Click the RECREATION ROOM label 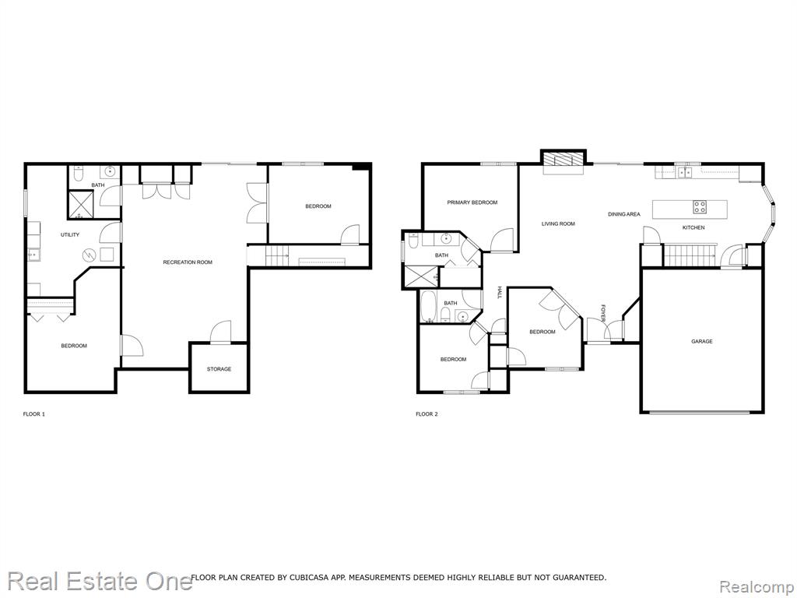tap(188, 262)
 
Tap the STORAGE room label tap(219, 369)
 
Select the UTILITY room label tap(70, 235)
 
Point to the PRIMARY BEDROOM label tap(472, 202)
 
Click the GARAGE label tap(701, 342)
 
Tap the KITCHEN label tap(693, 228)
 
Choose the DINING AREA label tap(624, 215)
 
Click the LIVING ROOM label tap(558, 223)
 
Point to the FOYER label tap(603, 313)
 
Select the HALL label tap(499, 293)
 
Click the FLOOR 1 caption tap(34, 414)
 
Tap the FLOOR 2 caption tap(427, 414)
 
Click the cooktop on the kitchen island tap(700, 206)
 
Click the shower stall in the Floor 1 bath tap(80, 205)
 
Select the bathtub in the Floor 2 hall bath tap(427, 307)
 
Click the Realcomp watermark tap(755, 586)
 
